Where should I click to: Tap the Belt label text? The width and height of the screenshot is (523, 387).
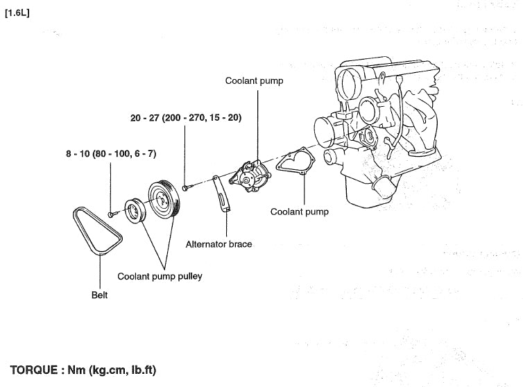click(x=100, y=295)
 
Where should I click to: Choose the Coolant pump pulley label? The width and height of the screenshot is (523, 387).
click(x=160, y=276)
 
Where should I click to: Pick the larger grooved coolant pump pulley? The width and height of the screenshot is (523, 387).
click(x=164, y=201)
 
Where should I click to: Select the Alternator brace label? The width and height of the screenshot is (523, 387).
click(x=219, y=244)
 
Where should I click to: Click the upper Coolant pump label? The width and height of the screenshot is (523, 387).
click(x=254, y=81)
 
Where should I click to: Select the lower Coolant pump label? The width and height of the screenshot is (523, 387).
click(x=300, y=212)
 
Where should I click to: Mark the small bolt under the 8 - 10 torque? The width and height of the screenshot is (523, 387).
click(x=111, y=214)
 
